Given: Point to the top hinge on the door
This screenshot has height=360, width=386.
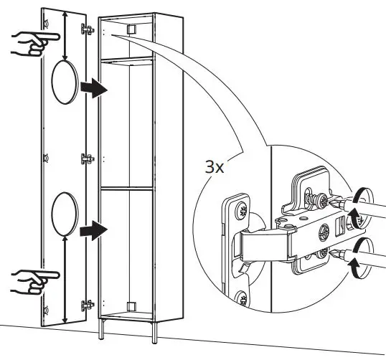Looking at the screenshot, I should (89, 30).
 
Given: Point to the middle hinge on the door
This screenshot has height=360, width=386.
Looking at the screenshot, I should (88, 158).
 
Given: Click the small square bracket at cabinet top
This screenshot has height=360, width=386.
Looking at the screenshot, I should (131, 29).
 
